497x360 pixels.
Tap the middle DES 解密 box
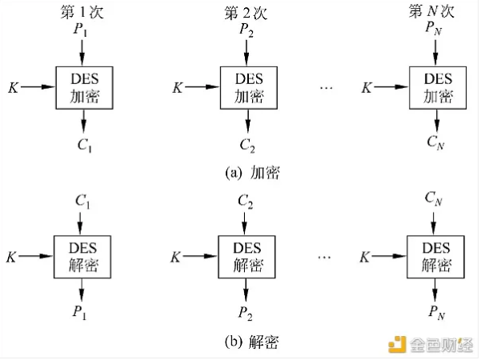pos(247,257)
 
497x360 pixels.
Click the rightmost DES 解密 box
pos(436,257)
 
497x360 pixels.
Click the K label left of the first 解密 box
pos(13,256)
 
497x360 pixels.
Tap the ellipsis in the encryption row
pos(326,86)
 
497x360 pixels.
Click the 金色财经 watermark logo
pos(431,345)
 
